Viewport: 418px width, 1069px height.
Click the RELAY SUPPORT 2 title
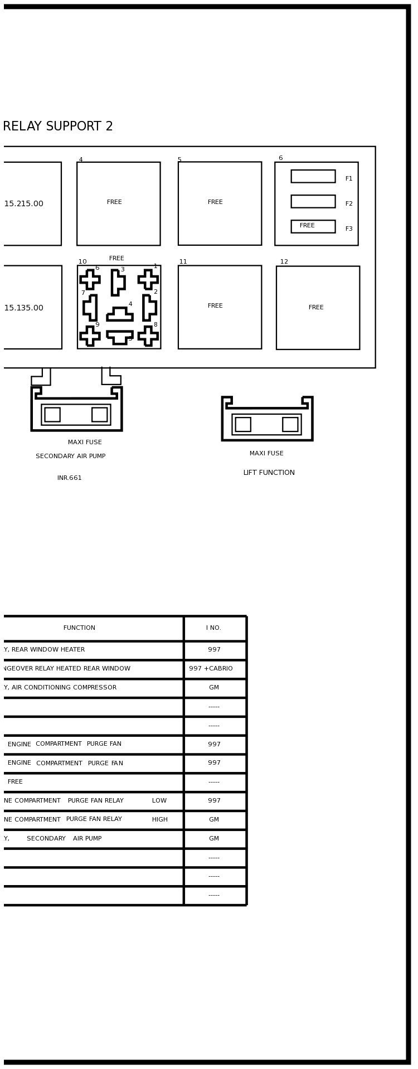point(58,127)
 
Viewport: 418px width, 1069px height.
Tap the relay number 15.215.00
point(23,204)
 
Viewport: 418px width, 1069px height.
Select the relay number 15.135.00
point(23,308)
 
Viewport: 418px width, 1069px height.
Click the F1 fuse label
point(349,179)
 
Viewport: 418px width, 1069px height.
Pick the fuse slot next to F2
point(313,201)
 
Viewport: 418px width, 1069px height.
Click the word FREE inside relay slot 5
point(215,202)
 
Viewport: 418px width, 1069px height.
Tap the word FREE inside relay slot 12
point(316,308)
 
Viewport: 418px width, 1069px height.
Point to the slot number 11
point(183,262)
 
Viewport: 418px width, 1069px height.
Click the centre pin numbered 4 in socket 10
point(120,314)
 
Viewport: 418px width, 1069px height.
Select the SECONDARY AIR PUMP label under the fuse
point(71,456)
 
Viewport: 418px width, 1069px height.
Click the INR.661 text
point(70,478)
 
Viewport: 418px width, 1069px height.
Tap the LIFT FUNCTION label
point(269,473)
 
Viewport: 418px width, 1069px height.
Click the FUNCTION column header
point(79,628)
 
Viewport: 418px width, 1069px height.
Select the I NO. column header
point(214,628)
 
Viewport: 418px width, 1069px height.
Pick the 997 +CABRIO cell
point(211,669)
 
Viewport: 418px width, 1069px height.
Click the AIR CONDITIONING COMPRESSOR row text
point(60,688)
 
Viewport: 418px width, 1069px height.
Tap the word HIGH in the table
point(160,820)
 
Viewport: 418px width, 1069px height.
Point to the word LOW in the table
point(159,801)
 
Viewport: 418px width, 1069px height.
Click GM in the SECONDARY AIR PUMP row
point(214,839)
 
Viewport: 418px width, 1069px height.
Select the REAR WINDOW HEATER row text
point(45,650)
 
